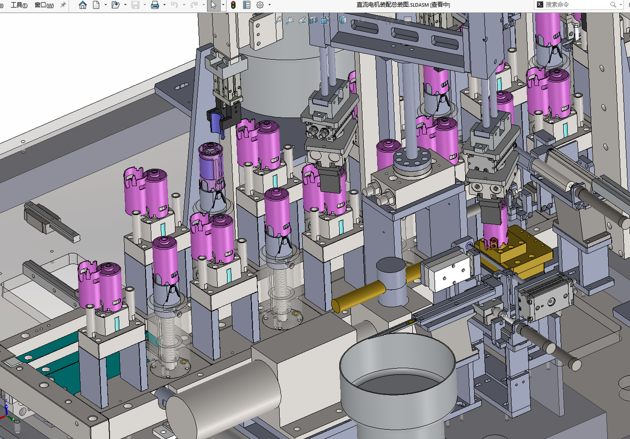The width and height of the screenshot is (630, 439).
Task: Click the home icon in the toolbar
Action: tap(83, 5)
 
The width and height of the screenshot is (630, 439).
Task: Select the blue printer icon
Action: tap(155, 5)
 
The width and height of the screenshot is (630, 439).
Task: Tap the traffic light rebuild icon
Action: tap(233, 5)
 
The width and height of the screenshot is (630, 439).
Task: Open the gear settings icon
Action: tap(260, 5)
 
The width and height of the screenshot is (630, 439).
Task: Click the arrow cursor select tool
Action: tap(214, 5)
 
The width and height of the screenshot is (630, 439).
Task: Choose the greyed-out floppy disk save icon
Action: tap(135, 5)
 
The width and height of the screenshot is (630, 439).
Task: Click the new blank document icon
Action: tap(96, 5)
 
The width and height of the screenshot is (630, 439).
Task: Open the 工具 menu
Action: tap(19, 5)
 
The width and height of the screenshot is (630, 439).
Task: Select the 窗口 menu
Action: tap(44, 5)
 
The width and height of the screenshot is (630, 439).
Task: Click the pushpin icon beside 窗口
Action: tap(64, 5)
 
